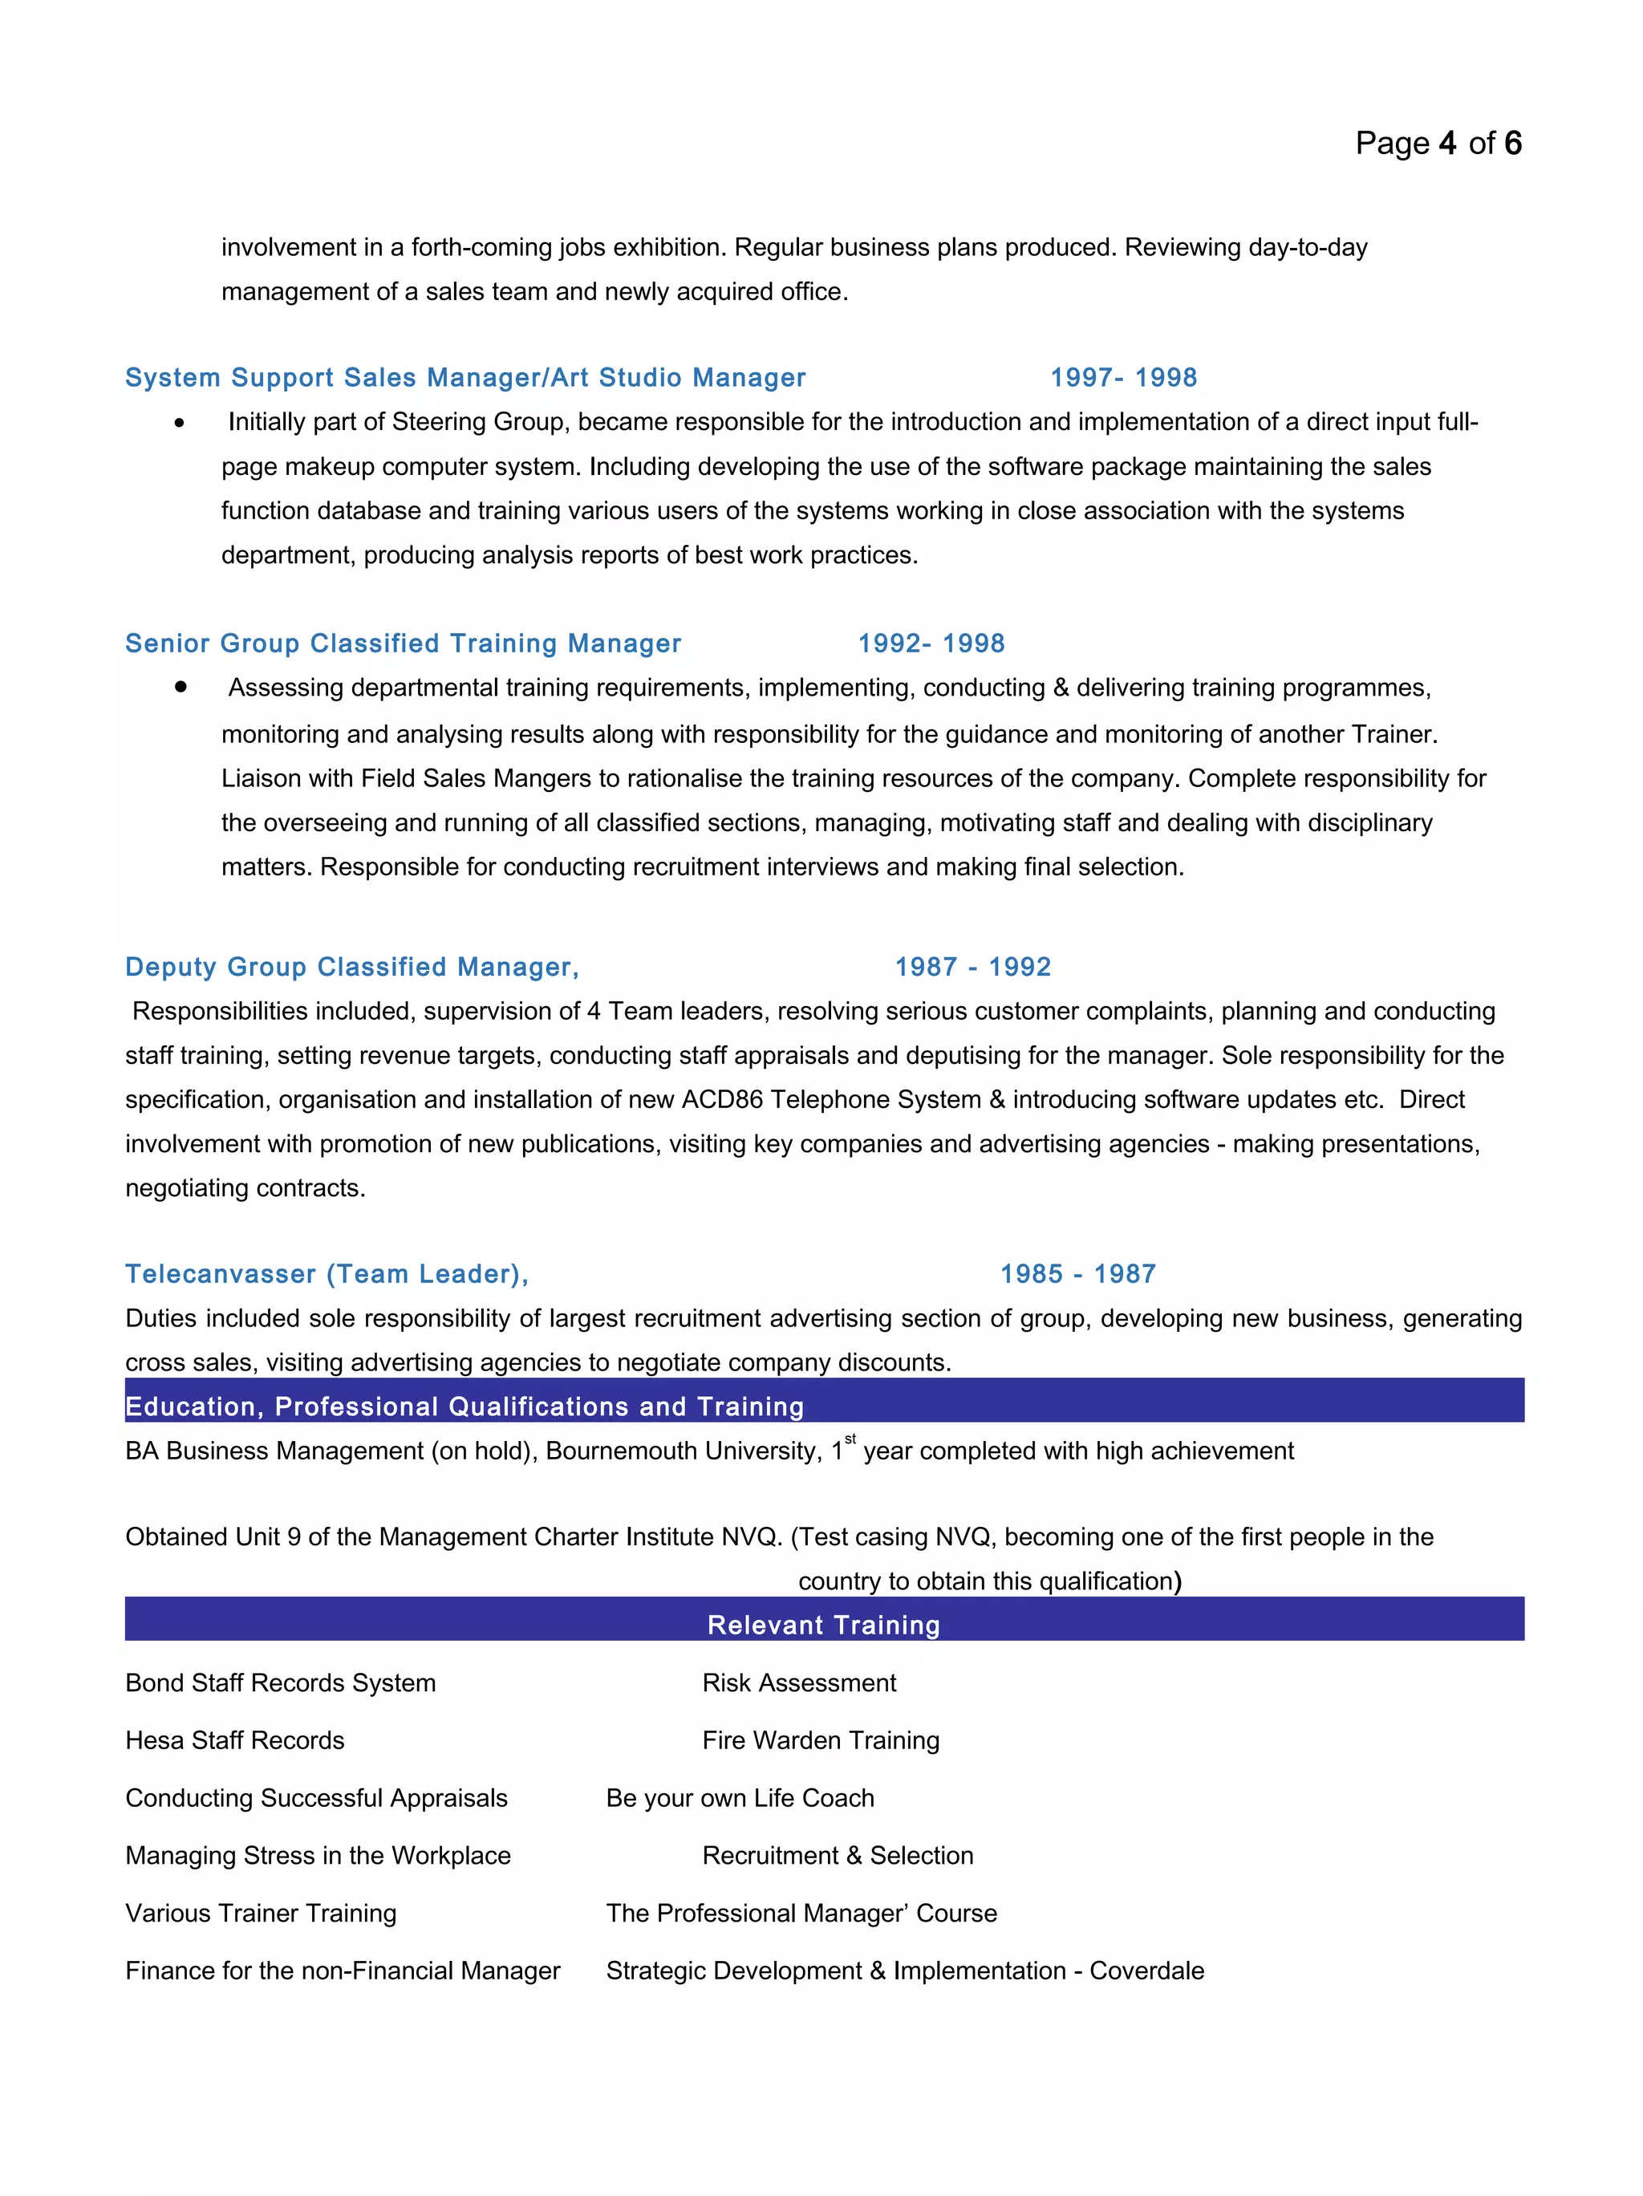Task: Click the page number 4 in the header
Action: pos(1446,144)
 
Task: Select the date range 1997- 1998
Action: pos(1123,377)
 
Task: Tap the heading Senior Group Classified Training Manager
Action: pos(402,643)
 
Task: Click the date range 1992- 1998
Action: pos(931,643)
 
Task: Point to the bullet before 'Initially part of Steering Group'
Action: pos(179,423)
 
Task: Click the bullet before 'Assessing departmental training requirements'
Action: pos(180,686)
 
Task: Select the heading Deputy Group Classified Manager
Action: pos(351,967)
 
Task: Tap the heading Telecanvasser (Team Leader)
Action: pos(326,1274)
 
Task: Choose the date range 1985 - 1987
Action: pos(1077,1274)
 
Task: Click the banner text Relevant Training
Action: pos(823,1626)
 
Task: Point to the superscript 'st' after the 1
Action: pos(850,1439)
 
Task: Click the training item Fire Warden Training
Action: pos(820,1740)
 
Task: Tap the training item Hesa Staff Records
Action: pos(234,1740)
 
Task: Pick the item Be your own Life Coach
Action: pos(740,1798)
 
